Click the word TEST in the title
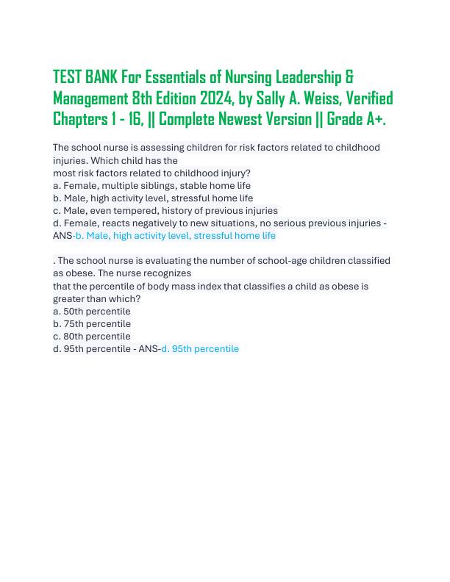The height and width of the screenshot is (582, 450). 68,77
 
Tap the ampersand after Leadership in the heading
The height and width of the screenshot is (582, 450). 349,77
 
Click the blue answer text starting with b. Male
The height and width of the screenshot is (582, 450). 176,236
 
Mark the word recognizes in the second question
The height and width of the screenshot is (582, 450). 165,273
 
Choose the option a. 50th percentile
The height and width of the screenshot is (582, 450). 92,311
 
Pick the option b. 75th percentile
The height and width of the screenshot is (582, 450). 92,323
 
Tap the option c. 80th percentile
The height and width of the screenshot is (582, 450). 92,336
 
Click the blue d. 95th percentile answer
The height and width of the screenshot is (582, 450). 200,349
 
